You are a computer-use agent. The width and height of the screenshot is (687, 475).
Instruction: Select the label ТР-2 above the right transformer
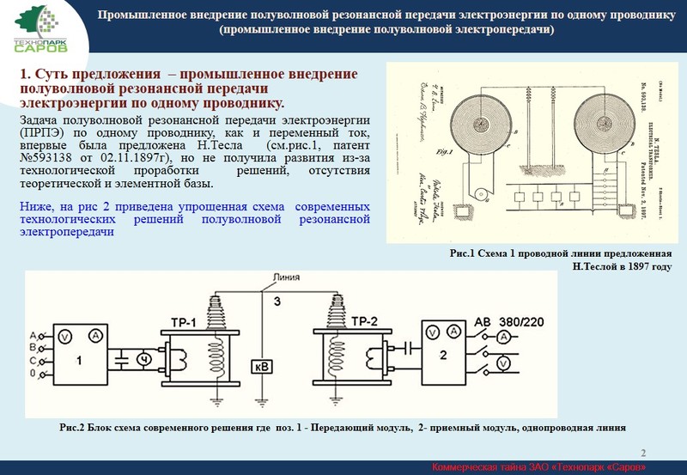click(x=364, y=321)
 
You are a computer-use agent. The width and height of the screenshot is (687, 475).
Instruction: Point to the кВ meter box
click(x=263, y=367)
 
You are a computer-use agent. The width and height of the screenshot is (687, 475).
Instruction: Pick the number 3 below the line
click(x=276, y=301)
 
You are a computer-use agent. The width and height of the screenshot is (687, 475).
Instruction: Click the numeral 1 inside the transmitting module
click(x=78, y=362)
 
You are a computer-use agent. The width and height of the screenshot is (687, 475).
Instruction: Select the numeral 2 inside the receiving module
click(x=443, y=354)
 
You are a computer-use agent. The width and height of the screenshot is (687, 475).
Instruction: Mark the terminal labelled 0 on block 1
click(x=33, y=375)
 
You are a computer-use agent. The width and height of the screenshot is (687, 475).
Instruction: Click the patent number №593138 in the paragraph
click(x=51, y=158)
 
